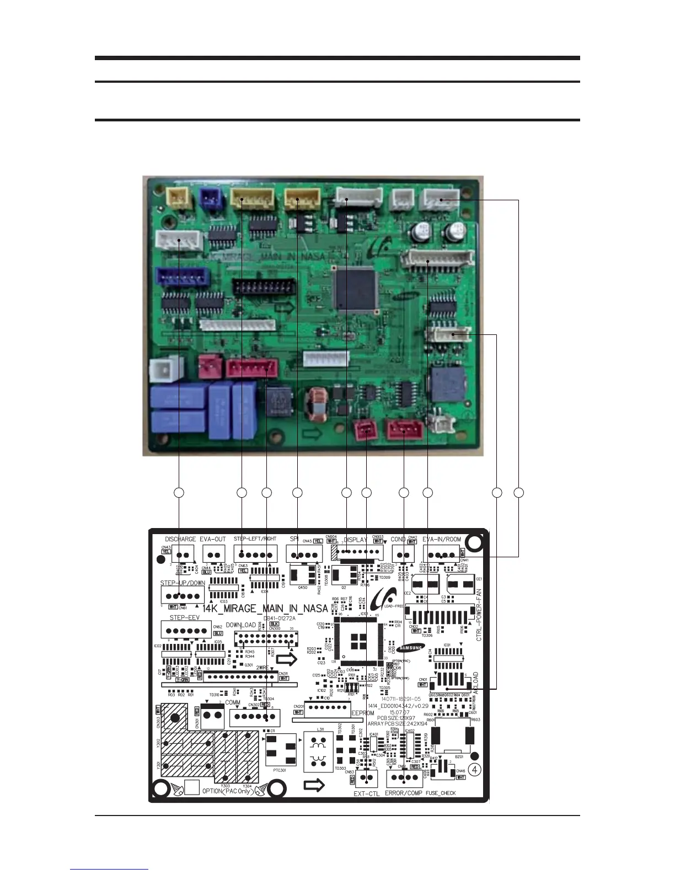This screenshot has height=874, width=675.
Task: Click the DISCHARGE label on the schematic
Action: tap(180, 539)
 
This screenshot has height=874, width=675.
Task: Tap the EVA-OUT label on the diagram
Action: tap(213, 539)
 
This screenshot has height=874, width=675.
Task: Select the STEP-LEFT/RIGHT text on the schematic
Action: tap(255, 539)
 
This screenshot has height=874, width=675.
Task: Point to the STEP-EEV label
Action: tap(184, 618)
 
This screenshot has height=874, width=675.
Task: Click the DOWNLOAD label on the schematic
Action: tap(241, 625)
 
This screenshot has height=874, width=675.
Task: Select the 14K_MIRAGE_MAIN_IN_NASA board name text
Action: tap(265, 609)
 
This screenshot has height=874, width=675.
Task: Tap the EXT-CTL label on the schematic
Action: tap(367, 793)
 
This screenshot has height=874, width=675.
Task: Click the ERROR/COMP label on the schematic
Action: tap(403, 793)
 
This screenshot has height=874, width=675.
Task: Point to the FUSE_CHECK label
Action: tap(441, 793)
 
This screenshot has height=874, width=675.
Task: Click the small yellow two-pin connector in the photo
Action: tap(178, 196)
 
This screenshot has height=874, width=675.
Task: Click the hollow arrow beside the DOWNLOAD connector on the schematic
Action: tap(286, 659)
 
